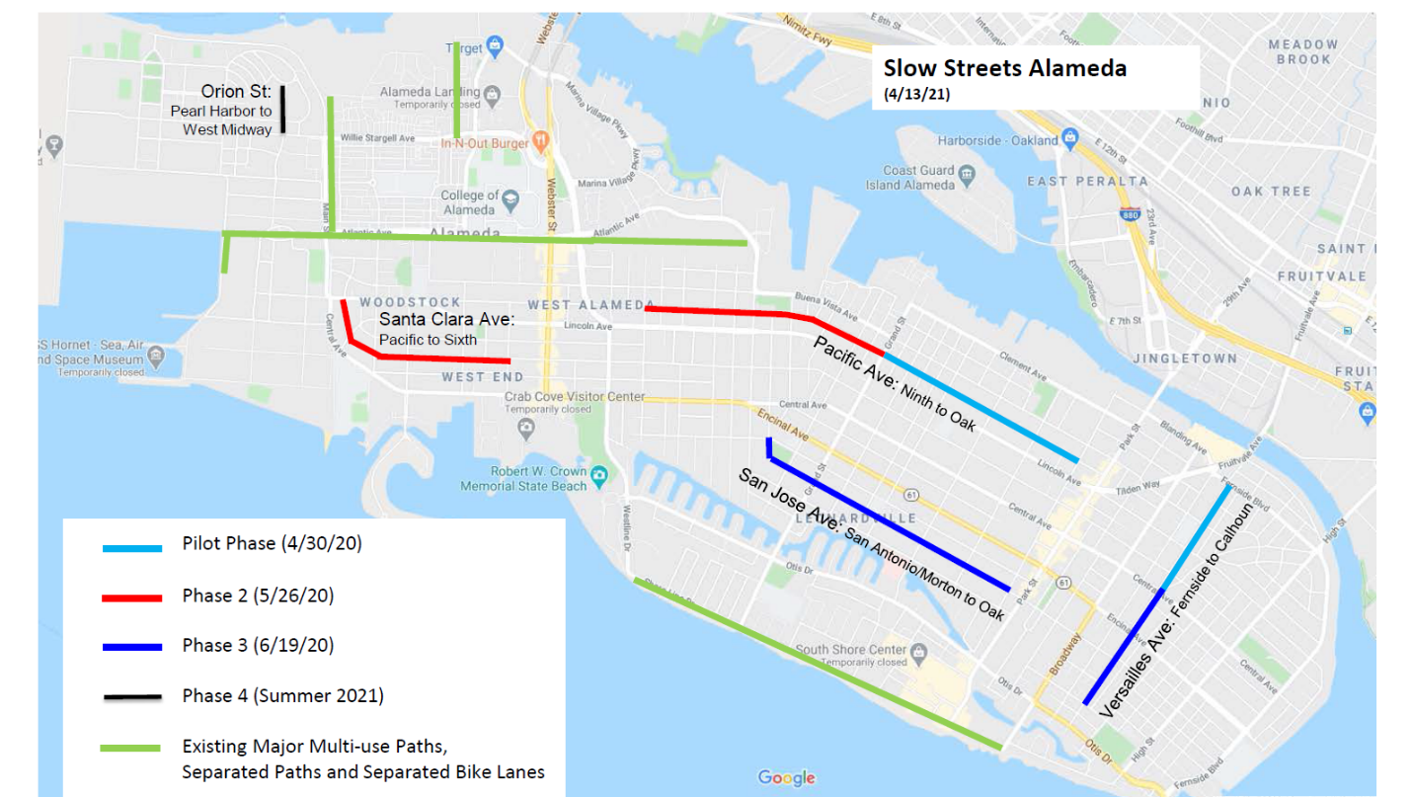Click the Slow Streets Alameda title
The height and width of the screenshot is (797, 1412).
point(1004,68)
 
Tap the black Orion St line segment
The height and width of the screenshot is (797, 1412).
point(282,109)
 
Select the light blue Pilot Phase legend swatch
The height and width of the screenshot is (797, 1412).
point(131,547)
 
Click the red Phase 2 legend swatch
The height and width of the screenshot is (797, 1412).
point(131,598)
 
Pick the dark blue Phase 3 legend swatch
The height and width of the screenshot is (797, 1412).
point(131,647)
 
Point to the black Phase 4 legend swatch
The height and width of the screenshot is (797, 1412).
point(131,697)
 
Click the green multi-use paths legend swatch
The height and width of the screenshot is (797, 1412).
point(131,748)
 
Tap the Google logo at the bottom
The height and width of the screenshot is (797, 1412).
point(786,778)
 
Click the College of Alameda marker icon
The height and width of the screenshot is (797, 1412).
point(510,201)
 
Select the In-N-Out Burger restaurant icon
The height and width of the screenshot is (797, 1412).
point(540,142)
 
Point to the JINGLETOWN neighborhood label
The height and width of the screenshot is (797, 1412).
point(1185,358)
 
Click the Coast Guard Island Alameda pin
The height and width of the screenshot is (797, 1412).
point(967,176)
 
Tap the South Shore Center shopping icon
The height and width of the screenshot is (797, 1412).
point(919,651)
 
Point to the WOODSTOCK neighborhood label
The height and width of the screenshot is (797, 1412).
point(410,302)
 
